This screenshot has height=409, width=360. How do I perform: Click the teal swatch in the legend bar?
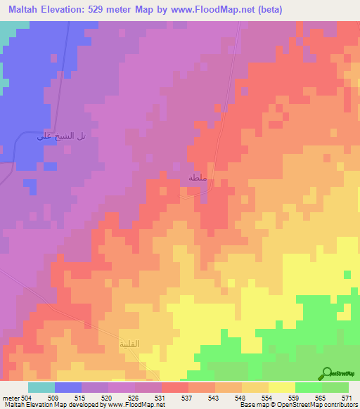[x=41, y=387]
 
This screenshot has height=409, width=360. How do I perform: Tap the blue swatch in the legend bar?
[x=68, y=387]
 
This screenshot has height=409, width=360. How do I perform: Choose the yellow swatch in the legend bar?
[x=282, y=387]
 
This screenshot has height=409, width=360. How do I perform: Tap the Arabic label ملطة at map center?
[x=196, y=178]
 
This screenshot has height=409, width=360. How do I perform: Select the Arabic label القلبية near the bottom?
[x=127, y=344]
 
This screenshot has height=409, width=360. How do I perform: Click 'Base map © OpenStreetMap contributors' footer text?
[x=299, y=404]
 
